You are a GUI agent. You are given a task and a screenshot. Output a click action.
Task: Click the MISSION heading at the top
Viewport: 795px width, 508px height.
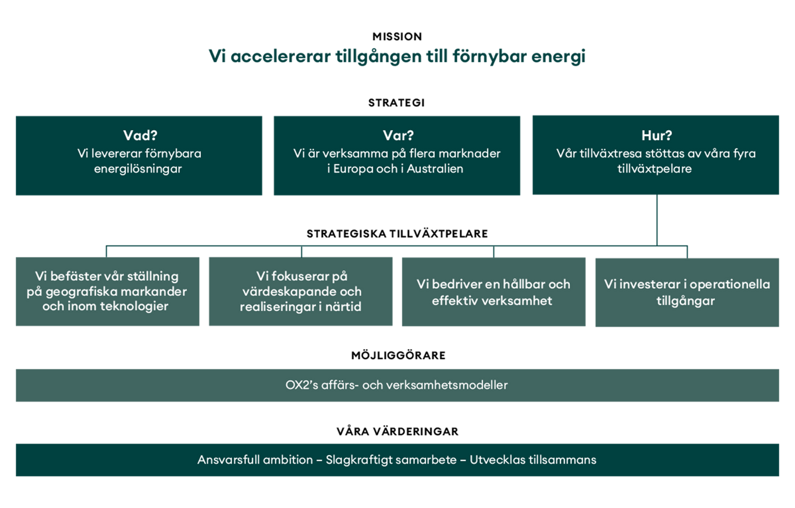click(397, 37)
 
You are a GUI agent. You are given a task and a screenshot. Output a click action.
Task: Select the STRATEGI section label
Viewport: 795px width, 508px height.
click(396, 103)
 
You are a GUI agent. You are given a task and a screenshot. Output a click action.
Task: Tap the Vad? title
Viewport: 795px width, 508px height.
click(140, 135)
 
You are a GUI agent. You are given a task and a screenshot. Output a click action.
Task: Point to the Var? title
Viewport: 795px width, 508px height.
click(398, 135)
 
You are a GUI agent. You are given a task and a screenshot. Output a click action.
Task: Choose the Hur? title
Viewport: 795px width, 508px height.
click(656, 135)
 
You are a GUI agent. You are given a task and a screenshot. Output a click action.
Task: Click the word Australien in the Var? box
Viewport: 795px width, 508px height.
click(435, 169)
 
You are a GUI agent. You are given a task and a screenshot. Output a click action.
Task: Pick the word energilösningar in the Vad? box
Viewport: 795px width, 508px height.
click(138, 169)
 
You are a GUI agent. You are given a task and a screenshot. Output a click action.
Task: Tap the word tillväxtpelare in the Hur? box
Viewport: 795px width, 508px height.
click(655, 169)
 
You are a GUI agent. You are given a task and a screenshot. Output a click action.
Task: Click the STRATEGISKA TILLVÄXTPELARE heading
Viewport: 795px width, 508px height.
click(397, 234)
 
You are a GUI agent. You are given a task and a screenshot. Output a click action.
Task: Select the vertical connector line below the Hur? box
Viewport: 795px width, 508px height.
click(656, 220)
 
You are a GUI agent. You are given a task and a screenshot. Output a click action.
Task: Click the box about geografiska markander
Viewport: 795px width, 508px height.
click(108, 291)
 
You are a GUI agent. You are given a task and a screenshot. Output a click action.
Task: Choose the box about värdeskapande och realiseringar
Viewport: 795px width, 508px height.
click(301, 291)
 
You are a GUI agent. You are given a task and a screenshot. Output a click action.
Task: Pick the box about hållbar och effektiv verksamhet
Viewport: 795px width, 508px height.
click(494, 292)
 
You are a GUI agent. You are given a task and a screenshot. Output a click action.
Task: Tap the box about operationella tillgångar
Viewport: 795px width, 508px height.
click(687, 292)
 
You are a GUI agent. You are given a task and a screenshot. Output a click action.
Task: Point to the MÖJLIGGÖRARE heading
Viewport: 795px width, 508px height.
click(398, 355)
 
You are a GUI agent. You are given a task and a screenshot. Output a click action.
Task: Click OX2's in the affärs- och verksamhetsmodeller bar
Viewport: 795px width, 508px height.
click(301, 385)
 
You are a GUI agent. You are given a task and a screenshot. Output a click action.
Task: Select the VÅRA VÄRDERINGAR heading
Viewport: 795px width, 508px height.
click(397, 431)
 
